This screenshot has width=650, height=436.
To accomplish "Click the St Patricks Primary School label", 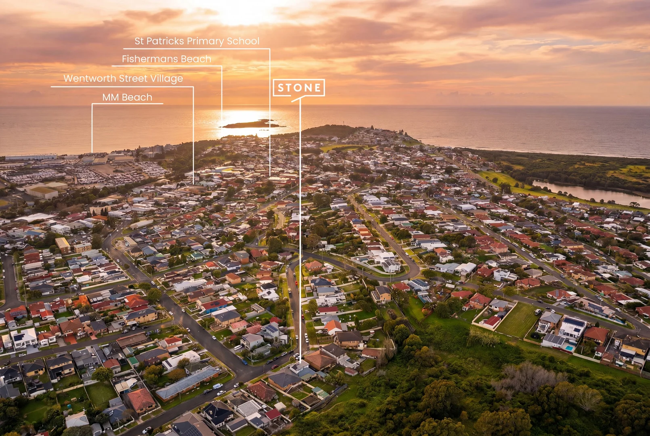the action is tap(197, 41).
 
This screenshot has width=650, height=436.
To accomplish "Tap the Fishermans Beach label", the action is tap(167, 59).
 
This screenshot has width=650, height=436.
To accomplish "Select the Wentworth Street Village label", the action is tap(123, 79).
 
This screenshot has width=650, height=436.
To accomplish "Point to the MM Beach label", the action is tap(128, 97).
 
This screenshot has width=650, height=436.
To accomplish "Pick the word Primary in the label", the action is tap(205, 41).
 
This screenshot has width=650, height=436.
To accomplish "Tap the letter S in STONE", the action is tap(281, 88).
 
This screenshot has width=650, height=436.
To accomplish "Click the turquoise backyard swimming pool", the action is tap(569, 348).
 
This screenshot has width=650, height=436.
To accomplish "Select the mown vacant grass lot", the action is tap(518, 320).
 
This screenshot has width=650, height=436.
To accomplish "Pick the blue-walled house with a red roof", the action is tap(215, 306).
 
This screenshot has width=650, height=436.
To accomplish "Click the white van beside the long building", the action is tap(217, 386).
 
